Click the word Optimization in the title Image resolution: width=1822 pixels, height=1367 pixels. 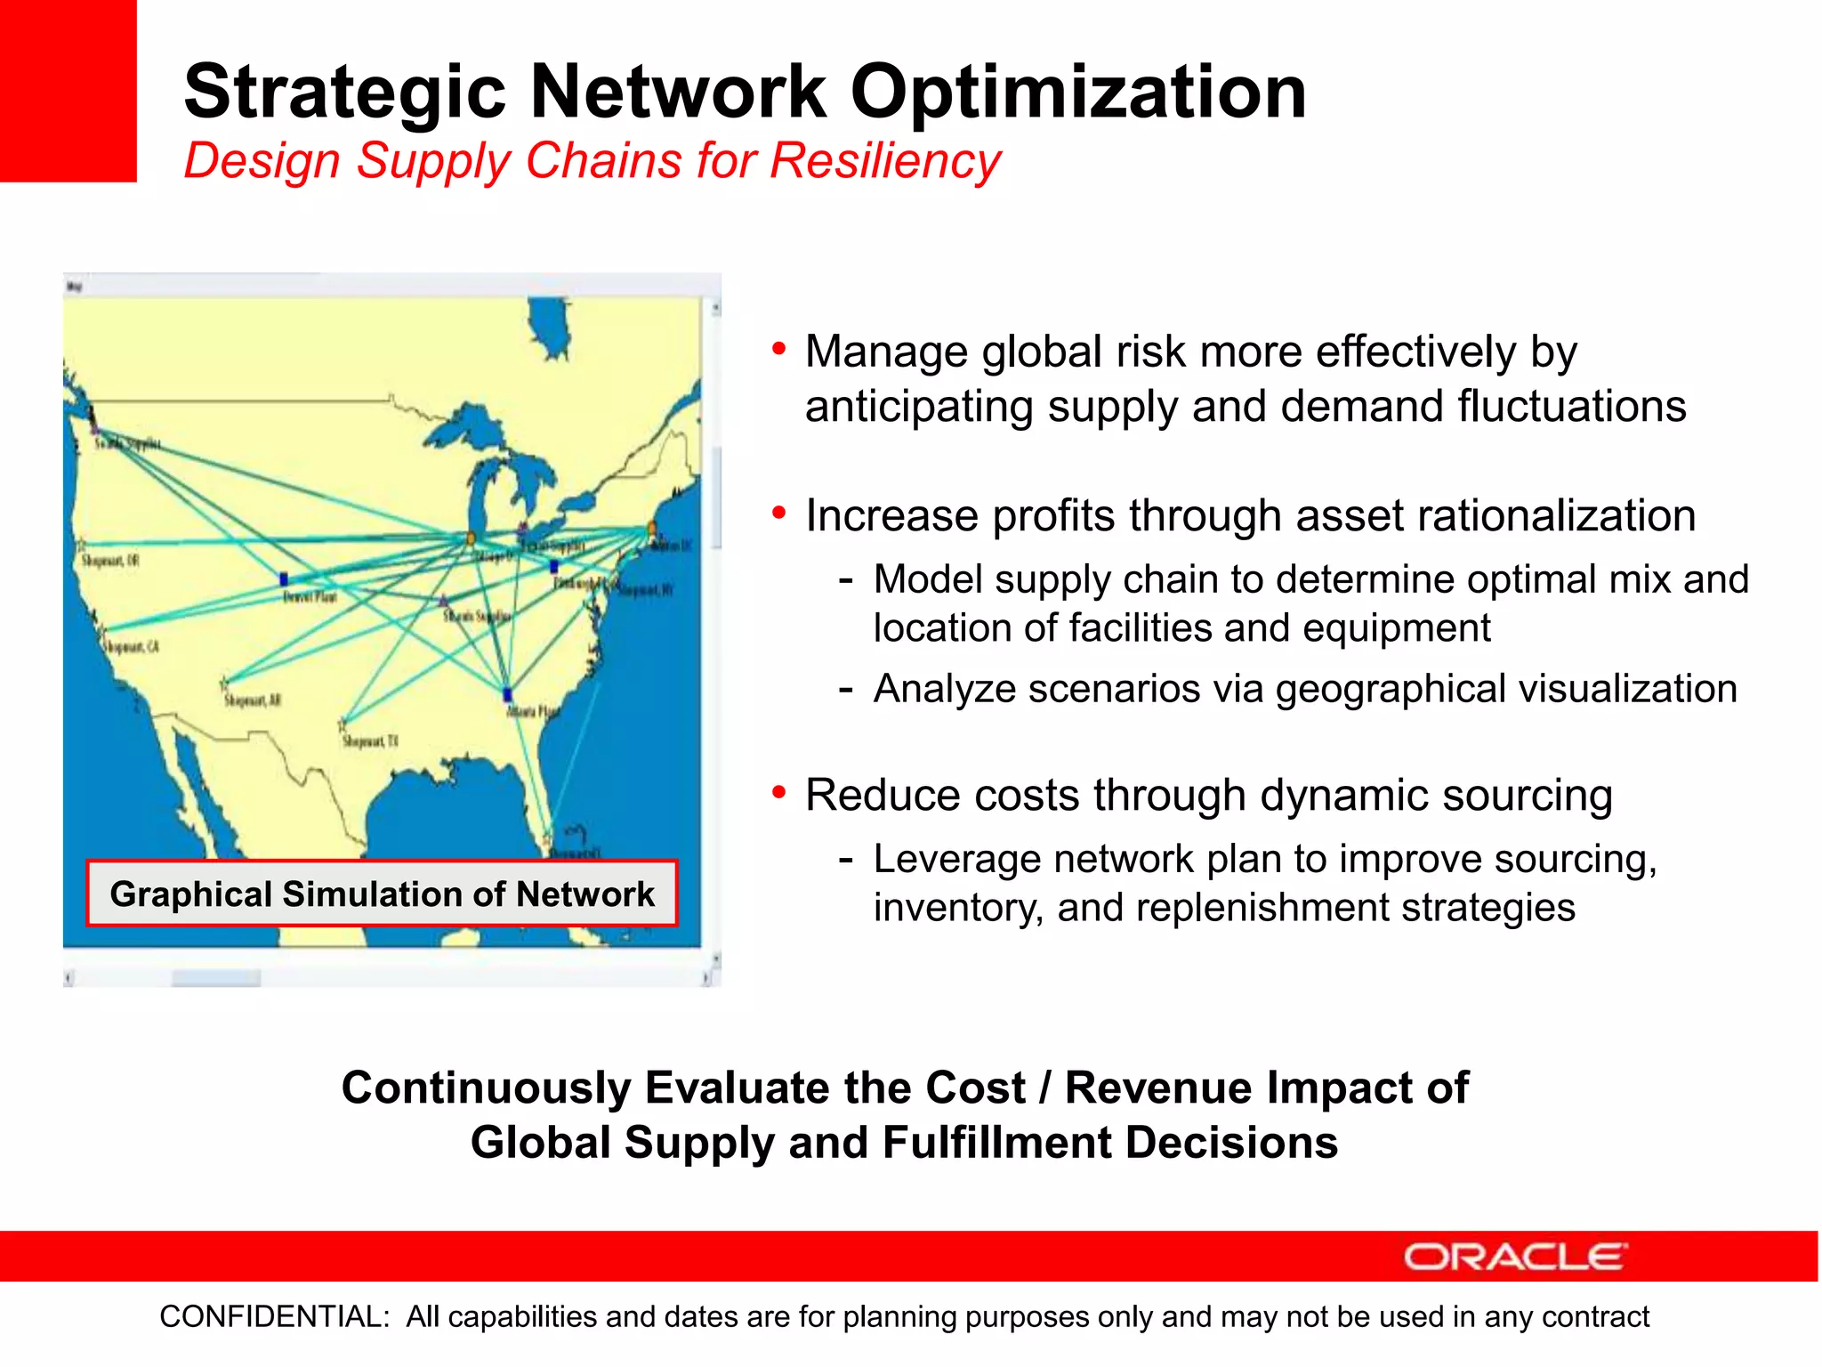click(1078, 93)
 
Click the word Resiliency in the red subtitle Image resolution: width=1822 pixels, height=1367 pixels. click(885, 161)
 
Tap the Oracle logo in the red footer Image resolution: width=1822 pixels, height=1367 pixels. click(1515, 1257)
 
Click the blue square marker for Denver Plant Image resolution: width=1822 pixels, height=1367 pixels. click(284, 579)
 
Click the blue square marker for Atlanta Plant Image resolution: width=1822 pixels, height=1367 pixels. click(507, 694)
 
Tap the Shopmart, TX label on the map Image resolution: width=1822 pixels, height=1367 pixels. click(370, 741)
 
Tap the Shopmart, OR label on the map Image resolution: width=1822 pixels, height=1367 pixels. click(110, 561)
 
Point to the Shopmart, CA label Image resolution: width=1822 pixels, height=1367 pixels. click(132, 647)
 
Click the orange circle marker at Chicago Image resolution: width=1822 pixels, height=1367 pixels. click(472, 538)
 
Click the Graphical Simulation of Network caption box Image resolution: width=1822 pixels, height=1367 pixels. click(382, 894)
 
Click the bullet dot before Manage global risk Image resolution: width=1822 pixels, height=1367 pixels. click(779, 349)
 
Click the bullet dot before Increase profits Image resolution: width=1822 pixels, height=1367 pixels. click(779, 514)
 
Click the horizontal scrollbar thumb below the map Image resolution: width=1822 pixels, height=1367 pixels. click(216, 978)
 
